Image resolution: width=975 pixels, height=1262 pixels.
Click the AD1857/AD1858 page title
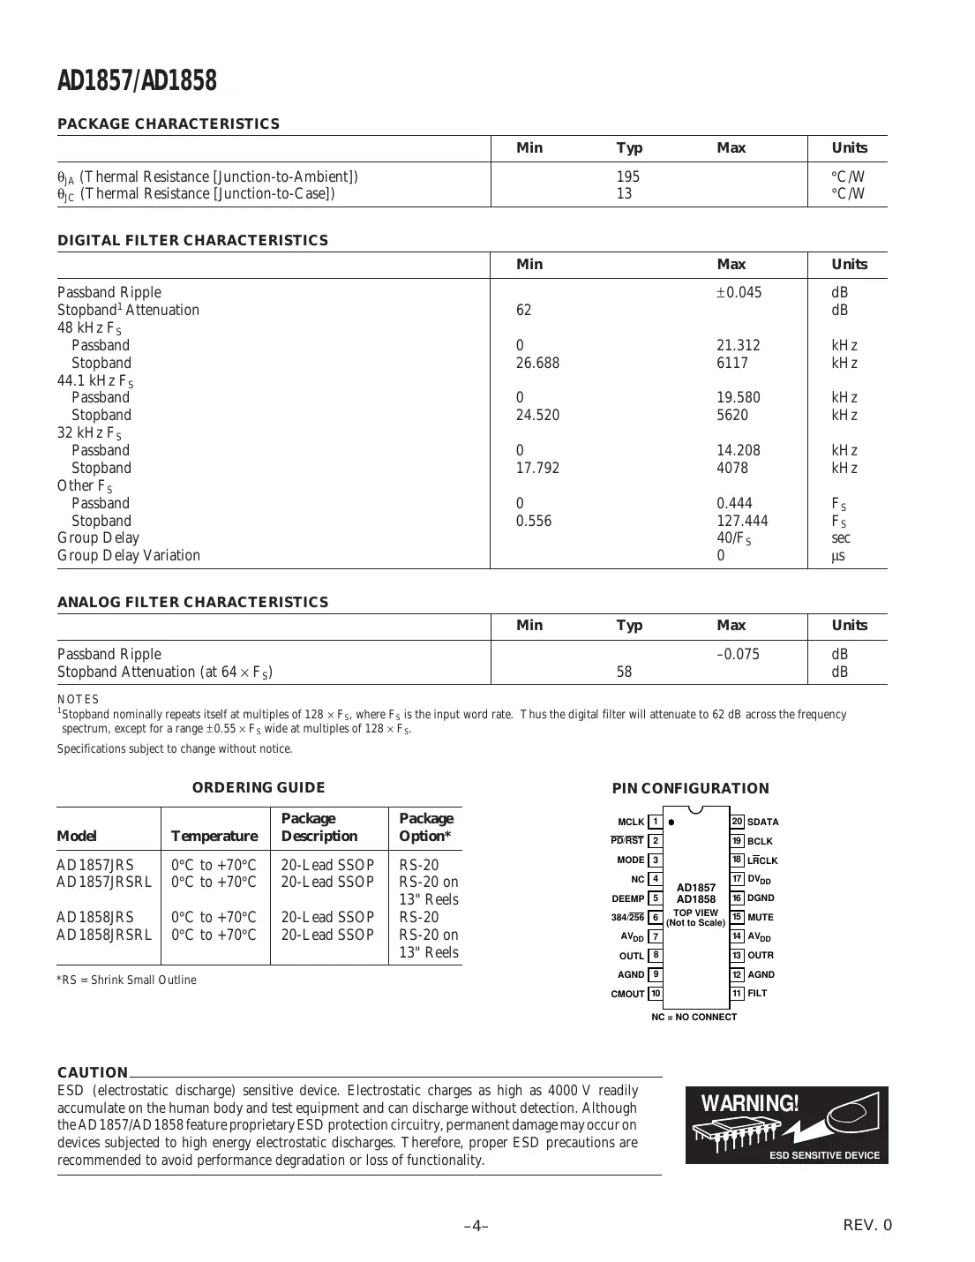(x=137, y=81)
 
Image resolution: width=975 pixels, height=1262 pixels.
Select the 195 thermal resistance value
(x=627, y=177)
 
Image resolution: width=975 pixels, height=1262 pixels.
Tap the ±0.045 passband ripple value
(x=739, y=292)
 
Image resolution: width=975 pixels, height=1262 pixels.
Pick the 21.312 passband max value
(x=738, y=345)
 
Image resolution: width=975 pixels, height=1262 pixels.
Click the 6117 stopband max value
(x=731, y=363)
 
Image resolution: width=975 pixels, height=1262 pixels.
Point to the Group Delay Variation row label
(x=129, y=555)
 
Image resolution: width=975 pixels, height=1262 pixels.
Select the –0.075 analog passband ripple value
(x=738, y=654)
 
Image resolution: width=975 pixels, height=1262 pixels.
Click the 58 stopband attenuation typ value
(x=624, y=672)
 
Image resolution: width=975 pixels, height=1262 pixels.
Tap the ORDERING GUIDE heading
(x=259, y=787)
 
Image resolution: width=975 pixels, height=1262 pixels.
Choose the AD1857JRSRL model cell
(x=104, y=882)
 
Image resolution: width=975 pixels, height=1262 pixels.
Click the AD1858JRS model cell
(x=95, y=917)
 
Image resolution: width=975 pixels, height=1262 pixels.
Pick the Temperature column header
(x=214, y=836)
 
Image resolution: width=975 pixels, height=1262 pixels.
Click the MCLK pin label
(x=631, y=822)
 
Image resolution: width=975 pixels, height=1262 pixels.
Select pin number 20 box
(x=737, y=822)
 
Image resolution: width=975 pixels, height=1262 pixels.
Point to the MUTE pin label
(x=760, y=917)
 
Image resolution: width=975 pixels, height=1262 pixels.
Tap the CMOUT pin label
(x=627, y=994)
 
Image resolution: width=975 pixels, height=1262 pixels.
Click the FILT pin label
(x=757, y=993)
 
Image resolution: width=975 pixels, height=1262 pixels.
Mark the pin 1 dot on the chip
(x=671, y=822)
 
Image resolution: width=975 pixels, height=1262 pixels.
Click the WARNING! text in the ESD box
(x=750, y=1103)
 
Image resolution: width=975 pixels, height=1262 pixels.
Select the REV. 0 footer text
(x=867, y=1225)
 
